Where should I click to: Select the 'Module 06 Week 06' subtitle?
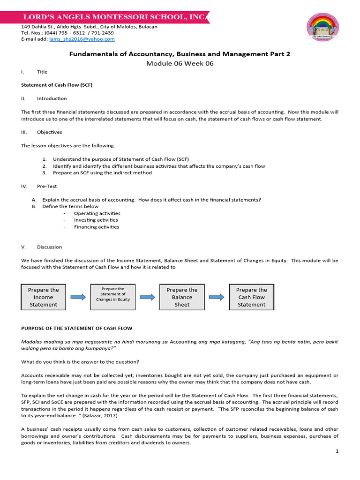click(180, 63)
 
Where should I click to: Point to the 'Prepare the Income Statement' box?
click(44, 297)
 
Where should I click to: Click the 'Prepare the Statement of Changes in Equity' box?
click(113, 297)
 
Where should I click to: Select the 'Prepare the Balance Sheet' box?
click(182, 297)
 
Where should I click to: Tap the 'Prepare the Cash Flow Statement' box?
click(251, 297)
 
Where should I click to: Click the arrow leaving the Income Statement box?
click(78, 297)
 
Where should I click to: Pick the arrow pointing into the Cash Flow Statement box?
click(217, 297)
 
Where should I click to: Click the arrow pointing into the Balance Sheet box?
click(147, 297)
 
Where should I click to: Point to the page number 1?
click(337, 451)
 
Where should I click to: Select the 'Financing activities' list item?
click(97, 227)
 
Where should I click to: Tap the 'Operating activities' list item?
click(97, 213)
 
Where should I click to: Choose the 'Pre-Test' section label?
click(47, 186)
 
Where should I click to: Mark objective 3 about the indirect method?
click(102, 172)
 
